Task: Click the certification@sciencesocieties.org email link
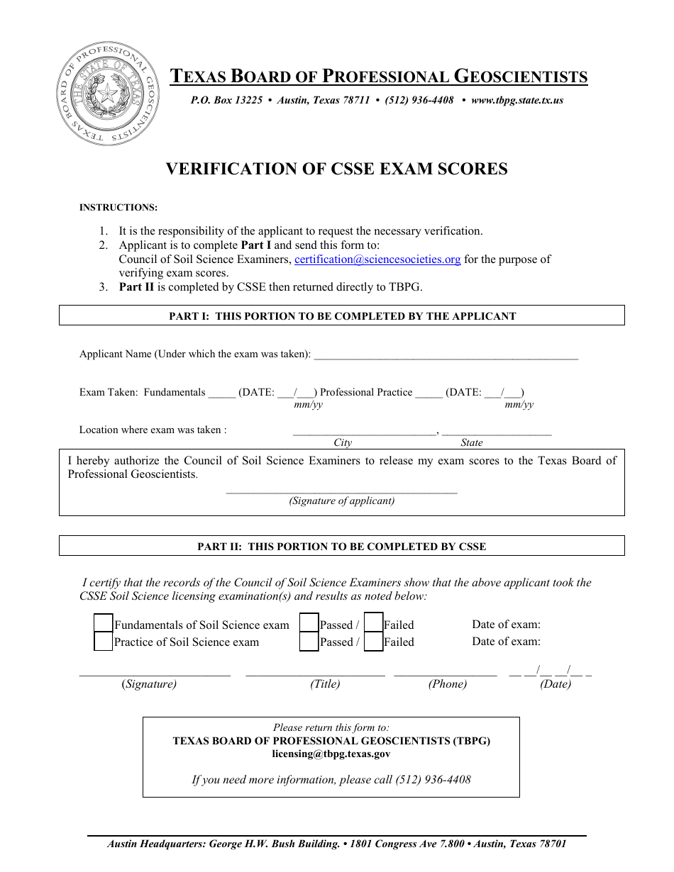[x=377, y=259]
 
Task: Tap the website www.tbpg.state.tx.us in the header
[x=516, y=101]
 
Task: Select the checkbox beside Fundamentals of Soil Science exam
[x=104, y=624]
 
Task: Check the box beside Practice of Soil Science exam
[x=104, y=642]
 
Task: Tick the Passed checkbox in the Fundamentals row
[x=309, y=624]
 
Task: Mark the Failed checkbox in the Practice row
[x=373, y=642]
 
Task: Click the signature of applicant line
[x=341, y=490]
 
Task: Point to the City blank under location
[x=365, y=431]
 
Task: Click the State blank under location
[x=497, y=431]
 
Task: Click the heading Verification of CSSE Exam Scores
[x=337, y=169]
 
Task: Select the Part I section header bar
[x=342, y=315]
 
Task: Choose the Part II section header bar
[x=342, y=546]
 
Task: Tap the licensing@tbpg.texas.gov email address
[x=331, y=754]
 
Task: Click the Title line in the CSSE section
[x=315, y=673]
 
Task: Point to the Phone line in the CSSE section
[x=446, y=673]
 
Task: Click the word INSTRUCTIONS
[x=118, y=208]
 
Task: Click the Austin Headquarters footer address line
[x=337, y=844]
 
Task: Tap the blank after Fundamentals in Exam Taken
[x=221, y=394]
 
